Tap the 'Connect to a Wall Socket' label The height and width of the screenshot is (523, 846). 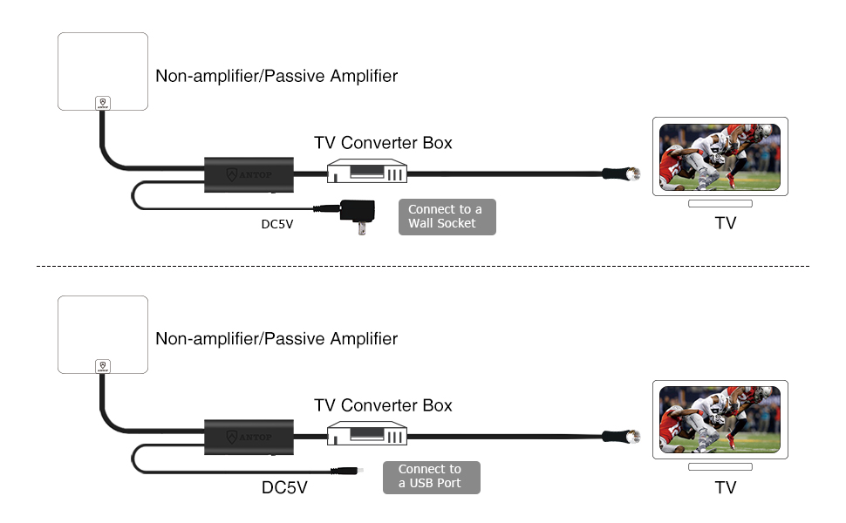click(447, 216)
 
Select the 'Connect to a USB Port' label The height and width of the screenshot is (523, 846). click(431, 477)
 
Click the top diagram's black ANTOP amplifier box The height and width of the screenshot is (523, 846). click(249, 175)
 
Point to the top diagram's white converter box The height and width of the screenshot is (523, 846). click(367, 173)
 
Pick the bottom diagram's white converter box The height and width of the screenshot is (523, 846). click(367, 434)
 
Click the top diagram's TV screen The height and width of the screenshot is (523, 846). click(720, 158)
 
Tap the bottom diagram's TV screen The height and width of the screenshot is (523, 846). click(720, 419)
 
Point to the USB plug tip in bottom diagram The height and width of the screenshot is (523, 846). click(349, 472)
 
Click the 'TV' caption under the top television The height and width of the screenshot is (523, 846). click(726, 223)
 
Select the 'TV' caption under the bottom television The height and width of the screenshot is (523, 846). click(726, 487)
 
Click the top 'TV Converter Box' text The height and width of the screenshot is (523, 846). click(383, 143)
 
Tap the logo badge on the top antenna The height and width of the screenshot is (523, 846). click(103, 103)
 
